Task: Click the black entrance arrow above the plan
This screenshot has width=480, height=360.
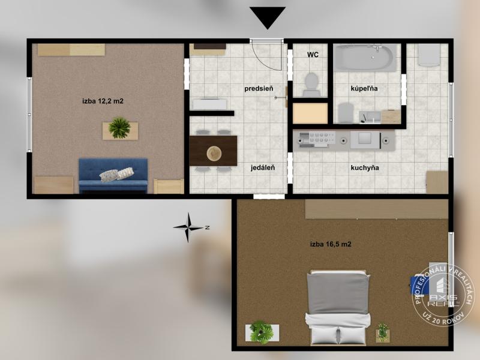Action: coord(268,17)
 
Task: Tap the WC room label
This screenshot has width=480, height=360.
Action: coord(313,55)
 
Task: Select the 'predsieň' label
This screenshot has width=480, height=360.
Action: coord(259,88)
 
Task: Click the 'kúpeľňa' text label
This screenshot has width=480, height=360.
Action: coord(364,89)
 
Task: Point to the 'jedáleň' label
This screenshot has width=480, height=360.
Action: coord(263,168)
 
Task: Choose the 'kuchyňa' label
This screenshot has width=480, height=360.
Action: coord(365,168)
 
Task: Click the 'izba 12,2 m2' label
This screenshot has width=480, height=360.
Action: coord(103,101)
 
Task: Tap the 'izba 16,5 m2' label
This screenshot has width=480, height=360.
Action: coord(331,244)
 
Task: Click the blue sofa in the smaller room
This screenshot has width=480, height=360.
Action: coord(113,175)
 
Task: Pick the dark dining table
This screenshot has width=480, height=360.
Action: coord(213,151)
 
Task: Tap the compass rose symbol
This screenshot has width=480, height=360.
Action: coord(189,227)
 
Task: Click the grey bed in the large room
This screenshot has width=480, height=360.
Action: coord(338,307)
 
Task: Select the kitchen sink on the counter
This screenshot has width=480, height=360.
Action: coord(365,139)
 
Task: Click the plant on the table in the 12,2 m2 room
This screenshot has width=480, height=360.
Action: coord(119,128)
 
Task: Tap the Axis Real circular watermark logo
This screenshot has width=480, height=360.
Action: coord(443,295)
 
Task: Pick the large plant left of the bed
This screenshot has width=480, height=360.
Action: coord(261,332)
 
